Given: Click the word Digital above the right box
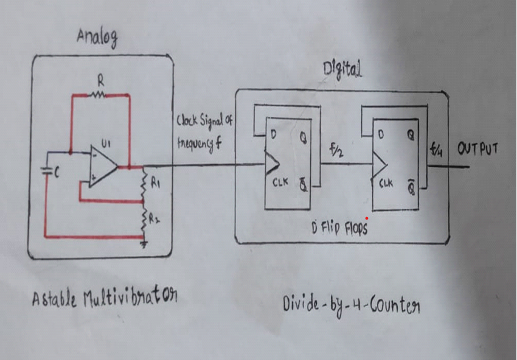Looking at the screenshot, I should [343, 72].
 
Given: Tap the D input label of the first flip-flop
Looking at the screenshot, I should [274, 135].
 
